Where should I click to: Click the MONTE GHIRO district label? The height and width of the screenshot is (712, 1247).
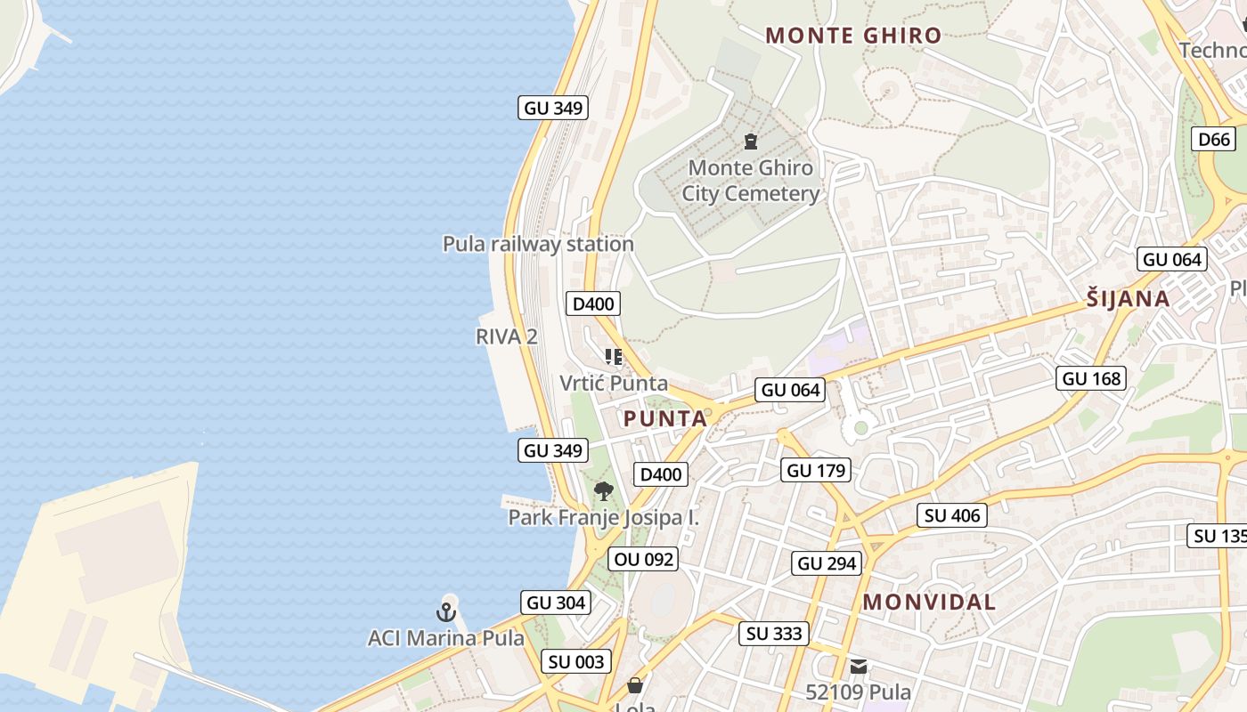click(852, 36)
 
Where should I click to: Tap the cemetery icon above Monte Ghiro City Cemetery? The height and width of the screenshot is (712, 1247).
click(750, 141)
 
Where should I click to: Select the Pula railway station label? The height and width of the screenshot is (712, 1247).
click(538, 244)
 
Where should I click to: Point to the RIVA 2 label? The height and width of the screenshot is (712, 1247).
click(507, 336)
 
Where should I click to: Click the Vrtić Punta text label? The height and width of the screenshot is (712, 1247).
click(614, 384)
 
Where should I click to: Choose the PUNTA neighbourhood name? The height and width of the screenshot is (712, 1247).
click(665, 418)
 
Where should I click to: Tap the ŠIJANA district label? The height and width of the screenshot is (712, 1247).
click(1128, 298)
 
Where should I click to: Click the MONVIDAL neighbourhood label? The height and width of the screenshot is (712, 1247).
click(929, 602)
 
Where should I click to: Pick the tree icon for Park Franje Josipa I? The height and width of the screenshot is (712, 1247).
click(604, 490)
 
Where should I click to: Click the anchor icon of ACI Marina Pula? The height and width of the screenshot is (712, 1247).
click(445, 611)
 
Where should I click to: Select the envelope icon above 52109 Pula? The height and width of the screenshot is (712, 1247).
click(858, 666)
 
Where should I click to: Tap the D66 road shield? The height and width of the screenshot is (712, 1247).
click(1214, 139)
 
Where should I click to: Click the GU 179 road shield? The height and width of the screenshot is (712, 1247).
click(816, 470)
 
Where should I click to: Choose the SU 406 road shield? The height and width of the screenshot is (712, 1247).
click(952, 515)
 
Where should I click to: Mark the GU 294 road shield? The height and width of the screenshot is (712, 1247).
click(827, 563)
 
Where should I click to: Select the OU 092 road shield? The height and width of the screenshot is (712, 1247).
click(643, 559)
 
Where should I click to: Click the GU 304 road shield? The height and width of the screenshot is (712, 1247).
click(556, 603)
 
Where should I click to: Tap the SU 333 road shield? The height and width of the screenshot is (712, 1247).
click(774, 634)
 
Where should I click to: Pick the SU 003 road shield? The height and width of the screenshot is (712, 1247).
click(576, 661)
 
